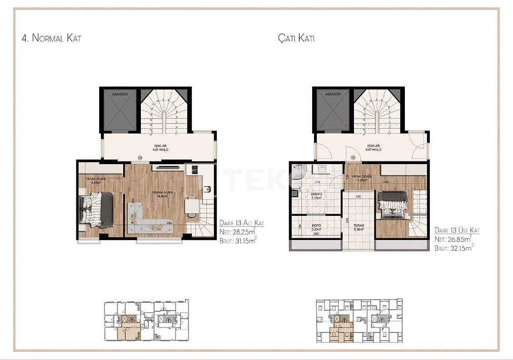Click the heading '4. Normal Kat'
(51, 38)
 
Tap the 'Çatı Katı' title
(296, 38)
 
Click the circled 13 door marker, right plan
(353, 158)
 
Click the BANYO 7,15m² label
(316, 196)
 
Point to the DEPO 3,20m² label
(316, 227)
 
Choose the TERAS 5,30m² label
(358, 227)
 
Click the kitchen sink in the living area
(207, 189)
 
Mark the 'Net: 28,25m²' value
(238, 231)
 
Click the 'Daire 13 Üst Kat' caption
(457, 230)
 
